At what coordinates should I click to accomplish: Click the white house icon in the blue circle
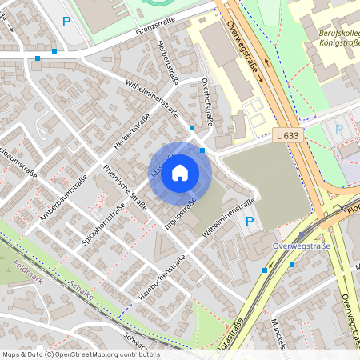180,172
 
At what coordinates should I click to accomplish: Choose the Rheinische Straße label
126,186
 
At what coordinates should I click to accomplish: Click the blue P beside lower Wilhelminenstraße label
249,222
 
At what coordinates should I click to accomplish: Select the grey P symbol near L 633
339,129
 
